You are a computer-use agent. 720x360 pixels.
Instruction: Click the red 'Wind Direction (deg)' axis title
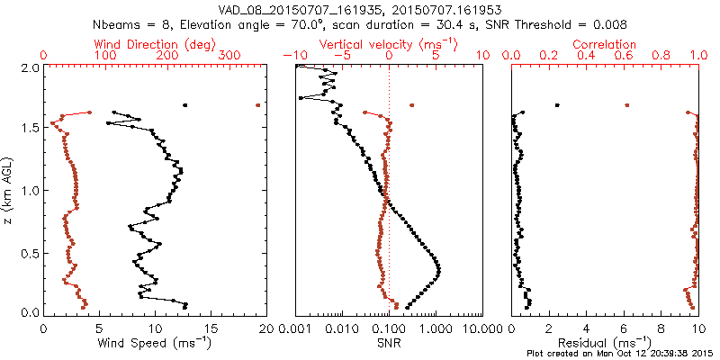[155, 44]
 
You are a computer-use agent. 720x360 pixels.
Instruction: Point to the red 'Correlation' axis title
[604, 44]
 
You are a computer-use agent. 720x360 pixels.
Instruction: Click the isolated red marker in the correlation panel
[627, 105]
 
